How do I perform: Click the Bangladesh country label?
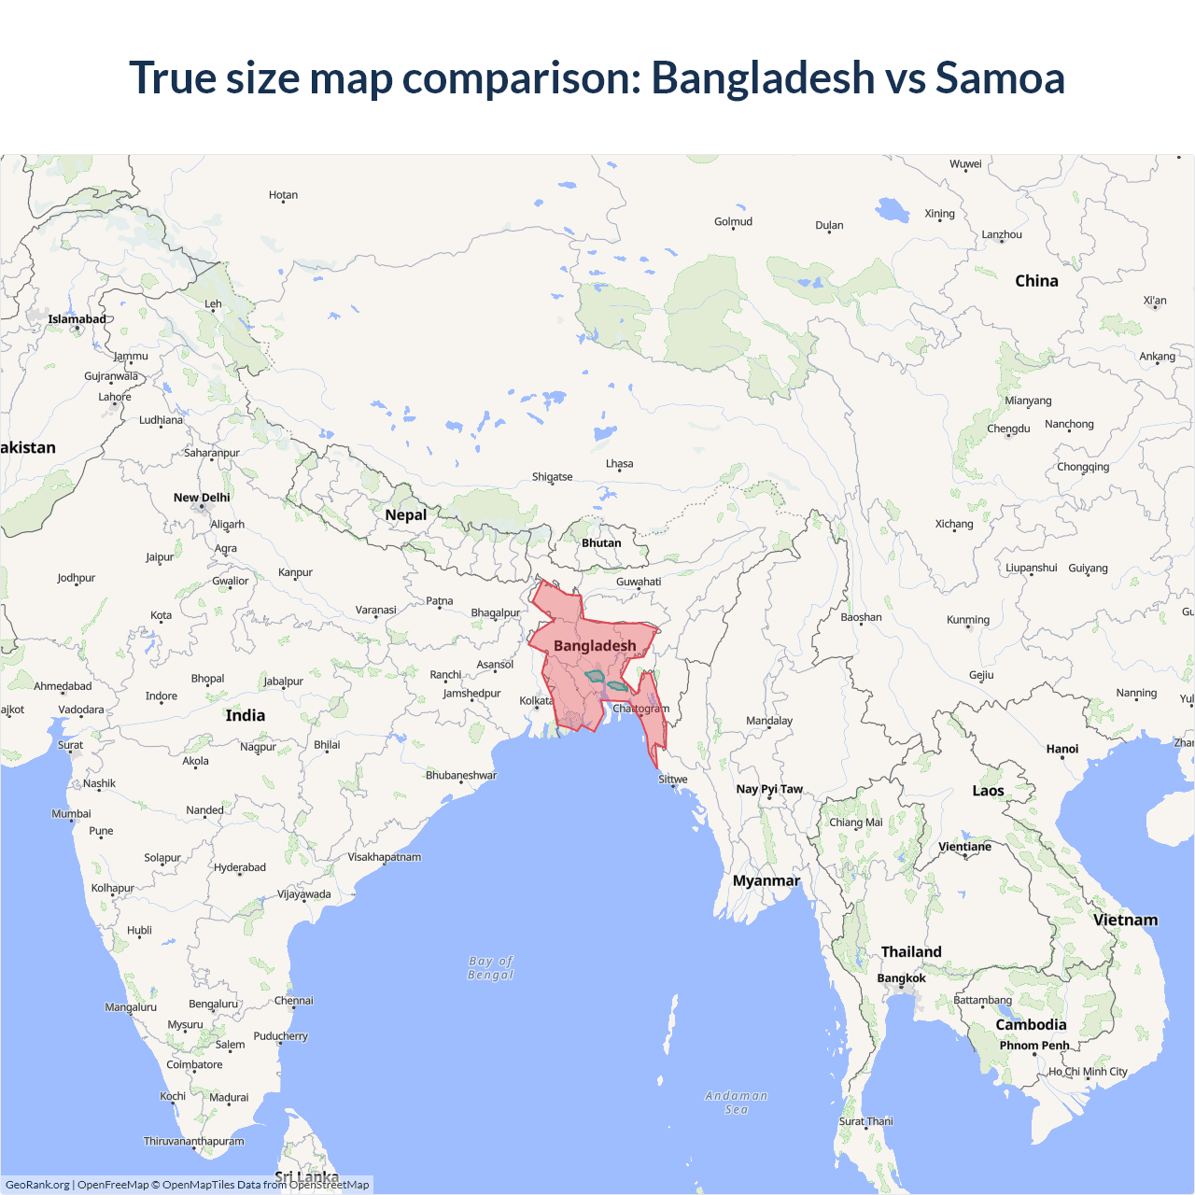pos(595,646)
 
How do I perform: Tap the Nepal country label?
pos(405,515)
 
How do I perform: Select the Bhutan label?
pos(601,543)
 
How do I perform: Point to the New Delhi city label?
pos(202,498)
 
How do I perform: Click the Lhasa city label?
pos(619,464)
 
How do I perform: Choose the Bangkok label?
pos(901,978)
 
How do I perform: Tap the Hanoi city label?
pos(1062,749)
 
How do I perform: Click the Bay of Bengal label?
pos(491,968)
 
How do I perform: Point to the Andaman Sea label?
pos(737,1103)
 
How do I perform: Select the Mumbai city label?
pos(71,814)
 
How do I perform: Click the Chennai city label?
pos(294,1001)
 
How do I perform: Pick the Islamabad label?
pos(77,319)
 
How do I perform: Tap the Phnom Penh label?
pos(1034,1046)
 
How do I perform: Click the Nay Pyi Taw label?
pos(769,789)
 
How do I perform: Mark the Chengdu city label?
pos(1008,429)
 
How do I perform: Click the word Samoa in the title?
pos(1000,77)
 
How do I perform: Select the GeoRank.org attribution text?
pos(37,1185)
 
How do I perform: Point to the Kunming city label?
pos(968,620)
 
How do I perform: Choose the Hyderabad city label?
pos(240,867)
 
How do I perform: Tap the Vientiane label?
pos(964,847)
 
